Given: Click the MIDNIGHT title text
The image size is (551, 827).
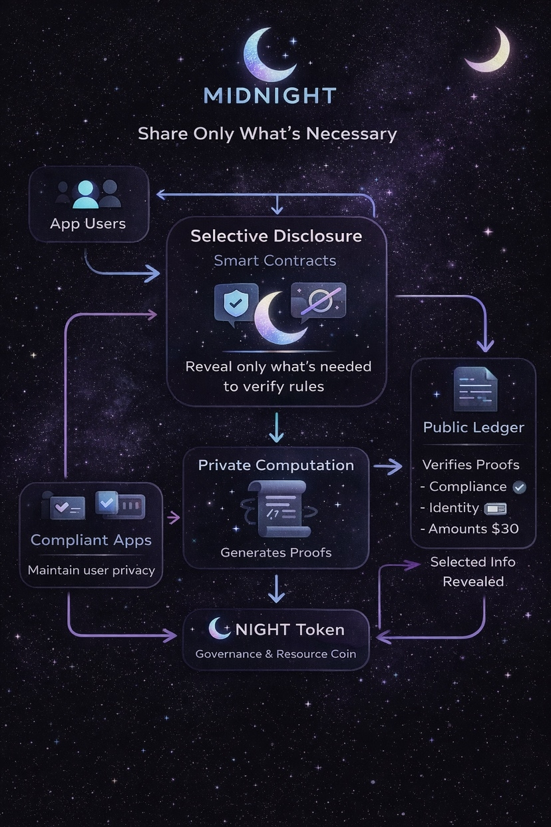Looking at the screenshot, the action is [x=270, y=95].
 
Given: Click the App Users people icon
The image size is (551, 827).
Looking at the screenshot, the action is [x=87, y=194].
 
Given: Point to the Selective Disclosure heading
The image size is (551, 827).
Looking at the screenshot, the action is [x=276, y=236].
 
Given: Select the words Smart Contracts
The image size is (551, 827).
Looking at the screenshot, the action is [x=275, y=260].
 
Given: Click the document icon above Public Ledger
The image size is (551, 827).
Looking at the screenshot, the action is [x=474, y=390].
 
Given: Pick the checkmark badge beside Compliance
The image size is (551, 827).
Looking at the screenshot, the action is [x=520, y=487].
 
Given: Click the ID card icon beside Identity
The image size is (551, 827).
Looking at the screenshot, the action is [x=496, y=509].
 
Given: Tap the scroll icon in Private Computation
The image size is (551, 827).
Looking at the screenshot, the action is [x=275, y=508].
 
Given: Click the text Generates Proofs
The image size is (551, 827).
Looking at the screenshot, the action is [x=275, y=552].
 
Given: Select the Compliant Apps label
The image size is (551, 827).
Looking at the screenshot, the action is [x=91, y=540].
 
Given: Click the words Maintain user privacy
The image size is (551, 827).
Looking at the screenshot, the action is [x=91, y=570].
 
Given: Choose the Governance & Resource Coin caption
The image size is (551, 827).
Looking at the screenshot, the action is [x=275, y=654].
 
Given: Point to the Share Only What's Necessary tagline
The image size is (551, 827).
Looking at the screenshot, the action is [x=268, y=134].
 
